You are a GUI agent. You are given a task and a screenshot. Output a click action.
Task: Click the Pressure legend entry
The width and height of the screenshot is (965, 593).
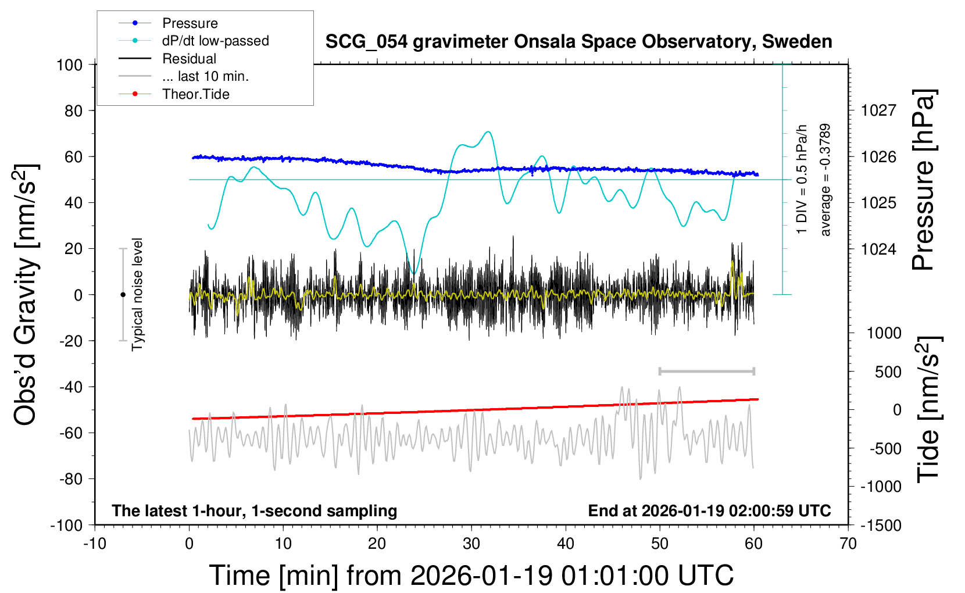point(190,23)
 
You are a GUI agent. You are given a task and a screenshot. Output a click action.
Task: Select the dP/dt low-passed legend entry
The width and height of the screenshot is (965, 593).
point(215,41)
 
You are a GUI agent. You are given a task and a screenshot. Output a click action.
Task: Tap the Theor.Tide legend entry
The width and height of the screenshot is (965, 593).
point(195,94)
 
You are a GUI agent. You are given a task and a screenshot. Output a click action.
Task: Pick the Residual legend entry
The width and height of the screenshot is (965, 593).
point(189,59)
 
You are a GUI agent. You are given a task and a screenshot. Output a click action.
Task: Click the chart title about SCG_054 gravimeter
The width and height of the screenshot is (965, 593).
point(578,42)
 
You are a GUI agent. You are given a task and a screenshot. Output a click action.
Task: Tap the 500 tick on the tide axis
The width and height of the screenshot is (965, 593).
point(888,372)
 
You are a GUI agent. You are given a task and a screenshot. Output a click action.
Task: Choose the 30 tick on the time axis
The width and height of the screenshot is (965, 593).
point(471,544)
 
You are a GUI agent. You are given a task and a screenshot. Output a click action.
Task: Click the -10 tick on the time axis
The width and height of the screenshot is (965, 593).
point(95,544)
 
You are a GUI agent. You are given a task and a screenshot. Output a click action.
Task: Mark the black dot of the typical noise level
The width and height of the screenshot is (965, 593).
point(123,295)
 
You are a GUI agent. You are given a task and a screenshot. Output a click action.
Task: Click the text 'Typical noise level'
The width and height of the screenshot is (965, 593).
point(137,295)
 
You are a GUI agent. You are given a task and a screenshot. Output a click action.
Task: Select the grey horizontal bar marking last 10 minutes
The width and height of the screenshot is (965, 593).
point(706,371)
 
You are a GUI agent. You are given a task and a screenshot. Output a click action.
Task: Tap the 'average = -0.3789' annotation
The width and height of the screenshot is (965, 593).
point(825,180)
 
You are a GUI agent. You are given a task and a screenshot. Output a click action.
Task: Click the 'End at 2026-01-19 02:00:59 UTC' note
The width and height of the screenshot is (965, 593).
point(709,511)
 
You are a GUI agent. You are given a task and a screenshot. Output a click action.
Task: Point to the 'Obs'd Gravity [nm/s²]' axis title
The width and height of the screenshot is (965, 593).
point(26,295)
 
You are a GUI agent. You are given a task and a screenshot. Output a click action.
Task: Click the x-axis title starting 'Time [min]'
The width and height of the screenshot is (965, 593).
point(471,576)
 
